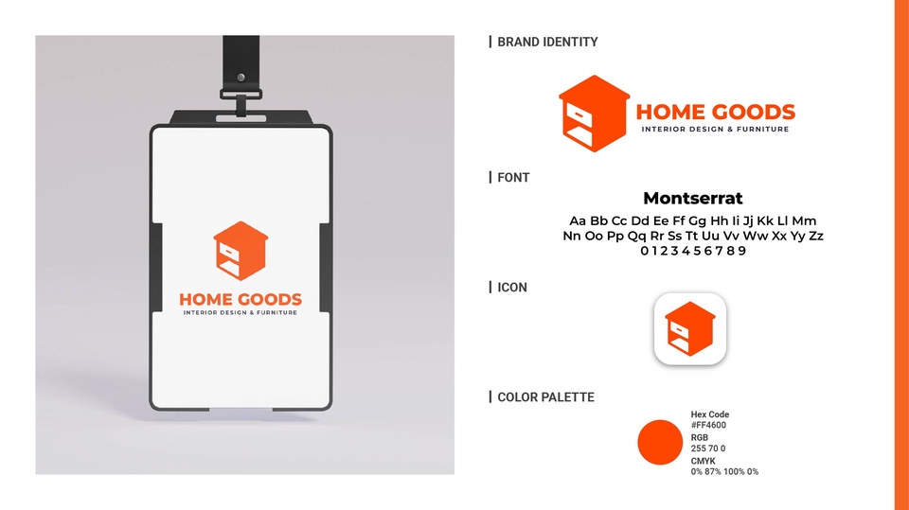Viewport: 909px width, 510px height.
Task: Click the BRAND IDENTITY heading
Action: click(x=547, y=42)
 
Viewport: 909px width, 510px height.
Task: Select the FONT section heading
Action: click(x=513, y=177)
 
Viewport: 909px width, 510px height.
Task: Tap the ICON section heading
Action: click(x=512, y=288)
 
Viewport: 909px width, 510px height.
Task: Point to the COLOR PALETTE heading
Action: click(x=545, y=397)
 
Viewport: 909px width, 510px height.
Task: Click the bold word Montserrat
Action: click(x=693, y=198)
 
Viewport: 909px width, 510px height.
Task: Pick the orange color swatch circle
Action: click(x=660, y=442)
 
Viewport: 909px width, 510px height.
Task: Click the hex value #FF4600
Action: click(x=708, y=425)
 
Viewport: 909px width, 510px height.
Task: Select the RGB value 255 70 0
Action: click(x=708, y=448)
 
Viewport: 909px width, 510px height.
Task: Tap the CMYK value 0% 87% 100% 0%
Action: click(x=724, y=472)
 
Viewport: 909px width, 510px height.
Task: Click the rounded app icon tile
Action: click(x=690, y=328)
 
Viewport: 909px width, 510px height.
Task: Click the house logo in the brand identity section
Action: click(x=594, y=114)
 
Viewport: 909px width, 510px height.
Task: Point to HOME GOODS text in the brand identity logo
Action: click(x=716, y=112)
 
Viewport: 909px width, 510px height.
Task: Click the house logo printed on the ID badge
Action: click(x=241, y=251)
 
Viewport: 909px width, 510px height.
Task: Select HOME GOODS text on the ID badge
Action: click(x=240, y=299)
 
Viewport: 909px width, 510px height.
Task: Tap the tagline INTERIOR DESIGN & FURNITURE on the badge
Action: click(x=240, y=312)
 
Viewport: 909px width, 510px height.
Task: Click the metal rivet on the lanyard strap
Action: click(x=241, y=77)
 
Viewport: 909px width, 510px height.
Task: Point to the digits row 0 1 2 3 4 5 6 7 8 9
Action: click(x=693, y=251)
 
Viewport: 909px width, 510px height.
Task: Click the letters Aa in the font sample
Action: click(x=578, y=220)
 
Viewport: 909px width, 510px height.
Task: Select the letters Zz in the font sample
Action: click(x=815, y=236)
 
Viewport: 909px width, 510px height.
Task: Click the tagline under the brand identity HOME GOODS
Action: click(x=715, y=130)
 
